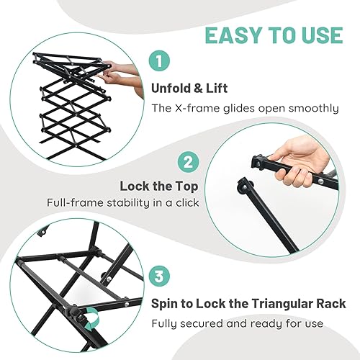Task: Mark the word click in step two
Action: tap(184, 203)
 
